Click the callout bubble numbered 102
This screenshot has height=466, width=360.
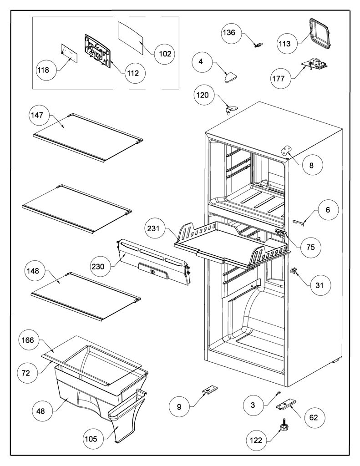[x=165, y=54]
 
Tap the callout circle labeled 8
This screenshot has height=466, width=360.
[x=311, y=165]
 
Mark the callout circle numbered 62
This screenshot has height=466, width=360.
[x=313, y=418]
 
